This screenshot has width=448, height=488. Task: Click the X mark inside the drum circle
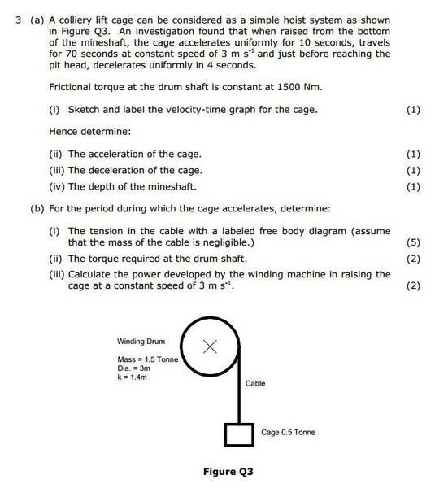[x=210, y=347]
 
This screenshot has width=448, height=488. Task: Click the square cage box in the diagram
[x=237, y=434]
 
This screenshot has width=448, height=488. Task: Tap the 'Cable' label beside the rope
[x=255, y=382]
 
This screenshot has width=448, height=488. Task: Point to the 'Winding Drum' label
[x=141, y=342]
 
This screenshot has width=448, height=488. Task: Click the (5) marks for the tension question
[x=412, y=242]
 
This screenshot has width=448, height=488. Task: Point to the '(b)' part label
[x=37, y=208]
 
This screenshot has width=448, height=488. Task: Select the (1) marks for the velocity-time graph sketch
[x=412, y=110]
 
